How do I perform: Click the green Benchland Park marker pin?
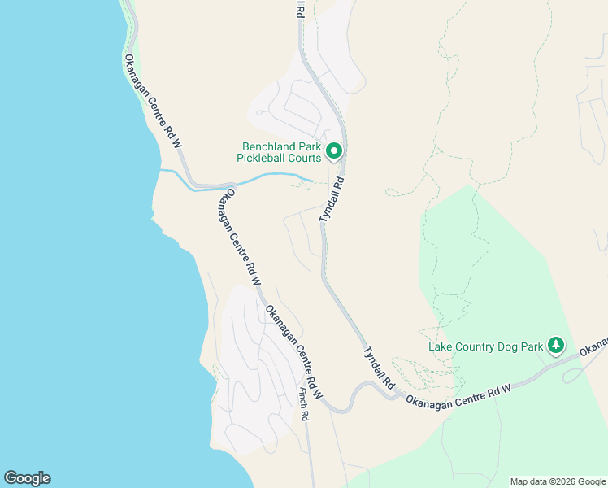coord(333,150)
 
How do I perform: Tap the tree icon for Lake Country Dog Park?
coord(556,346)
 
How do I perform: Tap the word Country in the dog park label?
coord(470,347)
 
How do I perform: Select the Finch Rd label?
coord(303,403)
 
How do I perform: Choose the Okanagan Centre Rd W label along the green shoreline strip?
coord(152,101)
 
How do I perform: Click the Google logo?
coord(27,478)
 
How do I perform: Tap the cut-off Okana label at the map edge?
coord(595,344)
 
